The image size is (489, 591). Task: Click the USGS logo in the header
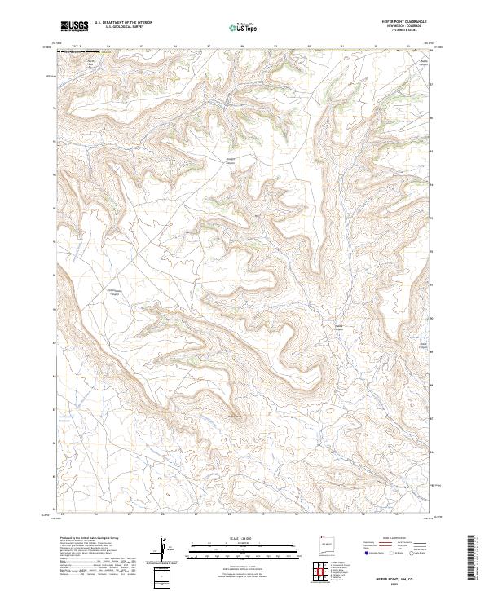(x=74, y=26)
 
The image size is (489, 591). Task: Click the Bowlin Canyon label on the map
(x=230, y=161)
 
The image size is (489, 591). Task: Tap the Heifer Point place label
(x=236, y=417)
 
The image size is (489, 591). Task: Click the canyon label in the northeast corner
(x=423, y=63)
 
